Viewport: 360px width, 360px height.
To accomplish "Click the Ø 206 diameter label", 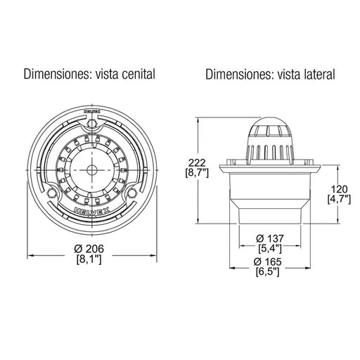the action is coord(89,249).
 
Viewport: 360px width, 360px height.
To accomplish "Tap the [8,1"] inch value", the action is coord(89,259).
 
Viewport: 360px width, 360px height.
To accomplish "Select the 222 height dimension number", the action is coord(197,162).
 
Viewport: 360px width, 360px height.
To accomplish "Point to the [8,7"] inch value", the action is coord(197,173).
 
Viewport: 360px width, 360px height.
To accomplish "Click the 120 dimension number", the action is coord(339,189).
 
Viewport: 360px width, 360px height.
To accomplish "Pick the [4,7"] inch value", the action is coord(339,200).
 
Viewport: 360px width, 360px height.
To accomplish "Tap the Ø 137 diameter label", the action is coord(270,238).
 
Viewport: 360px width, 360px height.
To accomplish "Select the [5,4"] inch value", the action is coord(270,249).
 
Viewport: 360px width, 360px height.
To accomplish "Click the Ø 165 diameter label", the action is coord(267,262).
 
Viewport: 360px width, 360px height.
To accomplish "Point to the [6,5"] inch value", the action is coord(267,272).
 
